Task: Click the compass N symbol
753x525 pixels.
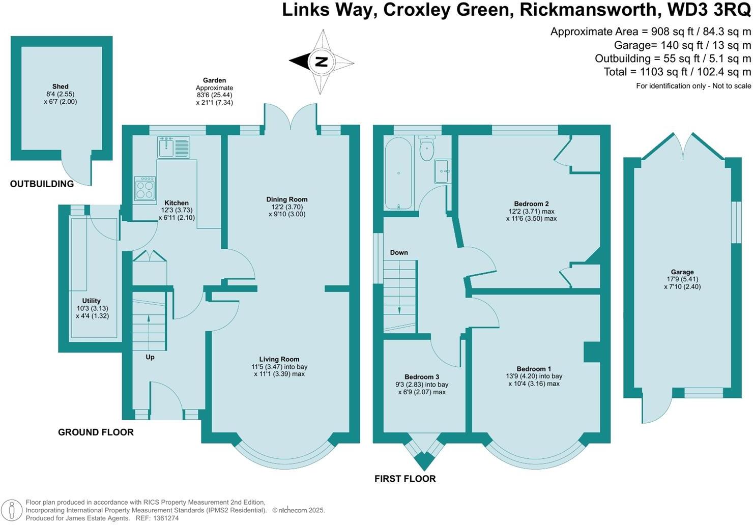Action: (321, 62)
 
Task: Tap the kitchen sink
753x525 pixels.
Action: (173, 147)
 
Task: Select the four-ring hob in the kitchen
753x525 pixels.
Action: (144, 189)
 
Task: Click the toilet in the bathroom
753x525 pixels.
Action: (426, 148)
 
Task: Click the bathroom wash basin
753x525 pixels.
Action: (442, 171)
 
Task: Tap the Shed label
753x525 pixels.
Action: (60, 86)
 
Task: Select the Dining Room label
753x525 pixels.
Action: (286, 199)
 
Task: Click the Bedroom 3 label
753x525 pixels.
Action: (422, 377)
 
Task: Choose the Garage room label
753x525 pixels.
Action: (682, 272)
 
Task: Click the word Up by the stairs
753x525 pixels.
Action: (150, 357)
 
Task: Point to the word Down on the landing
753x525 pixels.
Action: (399, 252)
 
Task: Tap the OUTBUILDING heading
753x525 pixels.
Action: (42, 184)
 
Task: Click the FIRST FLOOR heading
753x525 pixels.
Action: (405, 479)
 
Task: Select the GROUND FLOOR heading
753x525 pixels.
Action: (96, 432)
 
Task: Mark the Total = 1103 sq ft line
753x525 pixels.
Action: (677, 72)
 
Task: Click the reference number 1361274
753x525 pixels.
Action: (166, 518)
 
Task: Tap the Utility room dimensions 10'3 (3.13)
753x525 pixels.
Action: (92, 308)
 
